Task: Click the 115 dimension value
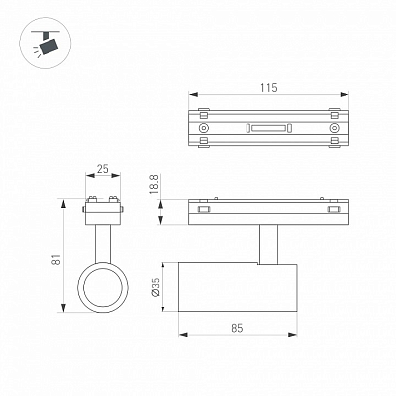point(269,88)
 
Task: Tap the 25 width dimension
point(103,169)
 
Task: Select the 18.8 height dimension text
point(155,184)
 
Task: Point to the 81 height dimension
point(57,259)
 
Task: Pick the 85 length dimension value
point(237,328)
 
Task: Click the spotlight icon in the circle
point(47,45)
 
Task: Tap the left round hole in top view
point(203,128)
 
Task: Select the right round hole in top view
point(335,128)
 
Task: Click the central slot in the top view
point(269,128)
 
